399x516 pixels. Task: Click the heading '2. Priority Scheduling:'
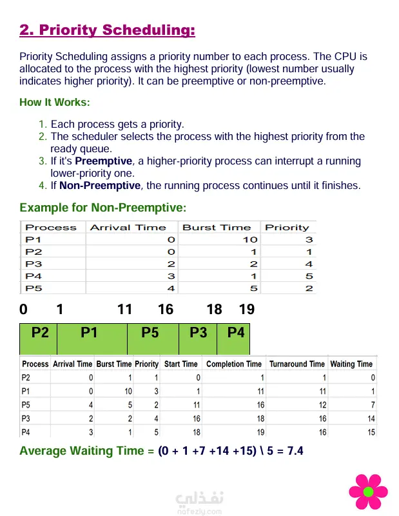107,30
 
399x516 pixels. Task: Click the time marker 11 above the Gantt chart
124,310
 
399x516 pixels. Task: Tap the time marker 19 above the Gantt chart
246,310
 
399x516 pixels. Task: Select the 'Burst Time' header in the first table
217,228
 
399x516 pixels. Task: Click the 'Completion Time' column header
234,364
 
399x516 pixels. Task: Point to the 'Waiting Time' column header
351,364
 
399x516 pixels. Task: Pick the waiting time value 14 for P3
370,419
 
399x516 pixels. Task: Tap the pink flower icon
368,491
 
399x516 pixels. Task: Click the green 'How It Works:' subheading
55,103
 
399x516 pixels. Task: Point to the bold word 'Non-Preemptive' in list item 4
100,186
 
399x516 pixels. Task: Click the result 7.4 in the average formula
295,451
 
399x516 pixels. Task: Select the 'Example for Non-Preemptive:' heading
102,208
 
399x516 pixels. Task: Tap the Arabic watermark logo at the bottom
199,499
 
